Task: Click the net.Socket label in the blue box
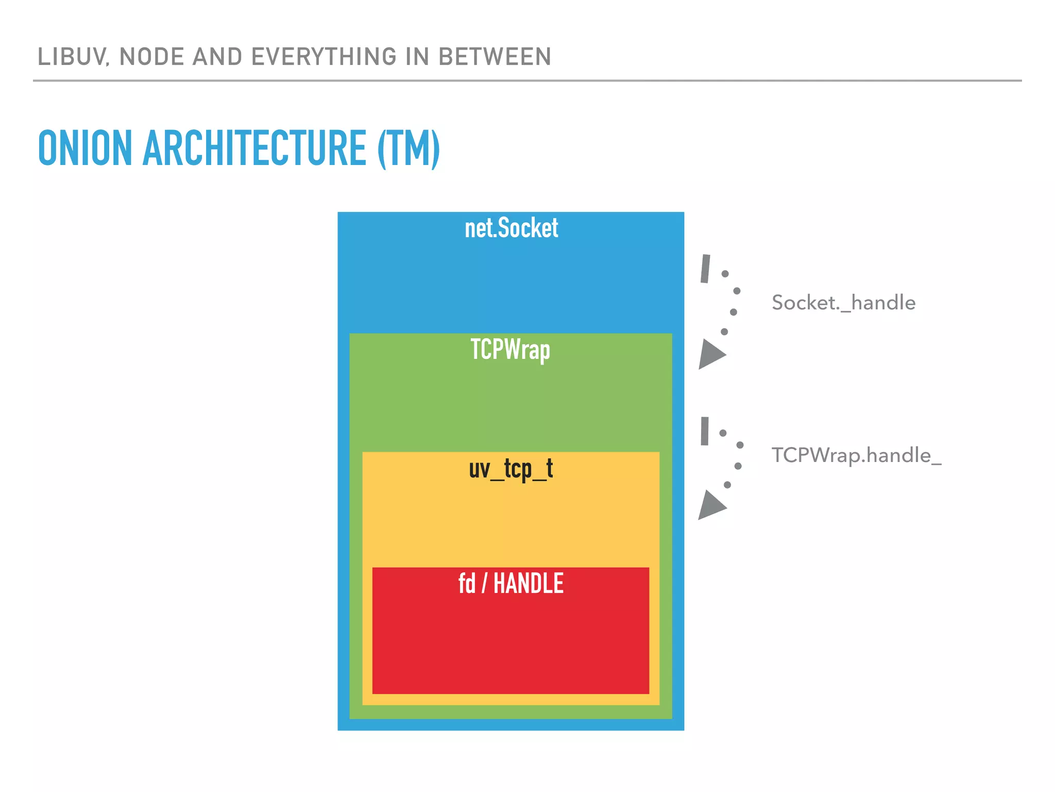click(x=511, y=228)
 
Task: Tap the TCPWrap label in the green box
click(x=510, y=350)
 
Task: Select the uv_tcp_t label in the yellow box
click(x=511, y=469)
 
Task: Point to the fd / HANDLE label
click(x=511, y=584)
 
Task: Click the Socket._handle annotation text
click(x=843, y=303)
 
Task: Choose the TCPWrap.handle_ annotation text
click(x=856, y=455)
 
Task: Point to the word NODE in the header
click(x=151, y=57)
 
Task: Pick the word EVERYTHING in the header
click(x=324, y=57)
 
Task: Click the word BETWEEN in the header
click(x=495, y=57)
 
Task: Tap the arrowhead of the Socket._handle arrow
click(x=711, y=354)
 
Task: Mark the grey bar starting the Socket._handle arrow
click(x=705, y=269)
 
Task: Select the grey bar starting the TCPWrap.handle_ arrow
click(x=705, y=431)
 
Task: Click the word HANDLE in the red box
click(x=528, y=584)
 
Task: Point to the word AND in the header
click(x=217, y=57)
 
